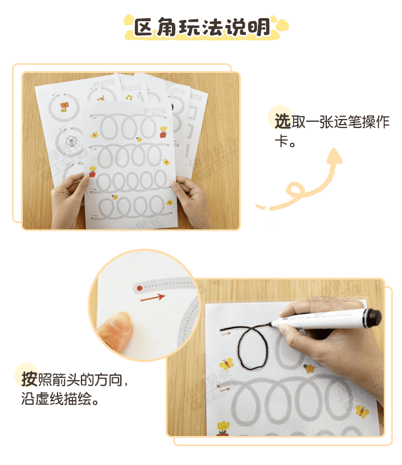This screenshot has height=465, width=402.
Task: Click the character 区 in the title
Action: pos(145,27)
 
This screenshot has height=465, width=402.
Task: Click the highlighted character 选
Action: pos(282,121)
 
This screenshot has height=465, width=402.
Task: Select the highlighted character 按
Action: pos(29,378)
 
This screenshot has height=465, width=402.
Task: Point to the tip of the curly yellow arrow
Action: pos(336,153)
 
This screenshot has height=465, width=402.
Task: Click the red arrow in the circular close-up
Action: pos(152,297)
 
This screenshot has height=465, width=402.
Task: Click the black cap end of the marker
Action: pos(374,316)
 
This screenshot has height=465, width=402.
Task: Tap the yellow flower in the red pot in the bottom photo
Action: pos(223,427)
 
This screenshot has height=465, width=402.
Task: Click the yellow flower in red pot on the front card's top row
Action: pos(163,131)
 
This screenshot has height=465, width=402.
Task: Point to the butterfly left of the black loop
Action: pos(227,363)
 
